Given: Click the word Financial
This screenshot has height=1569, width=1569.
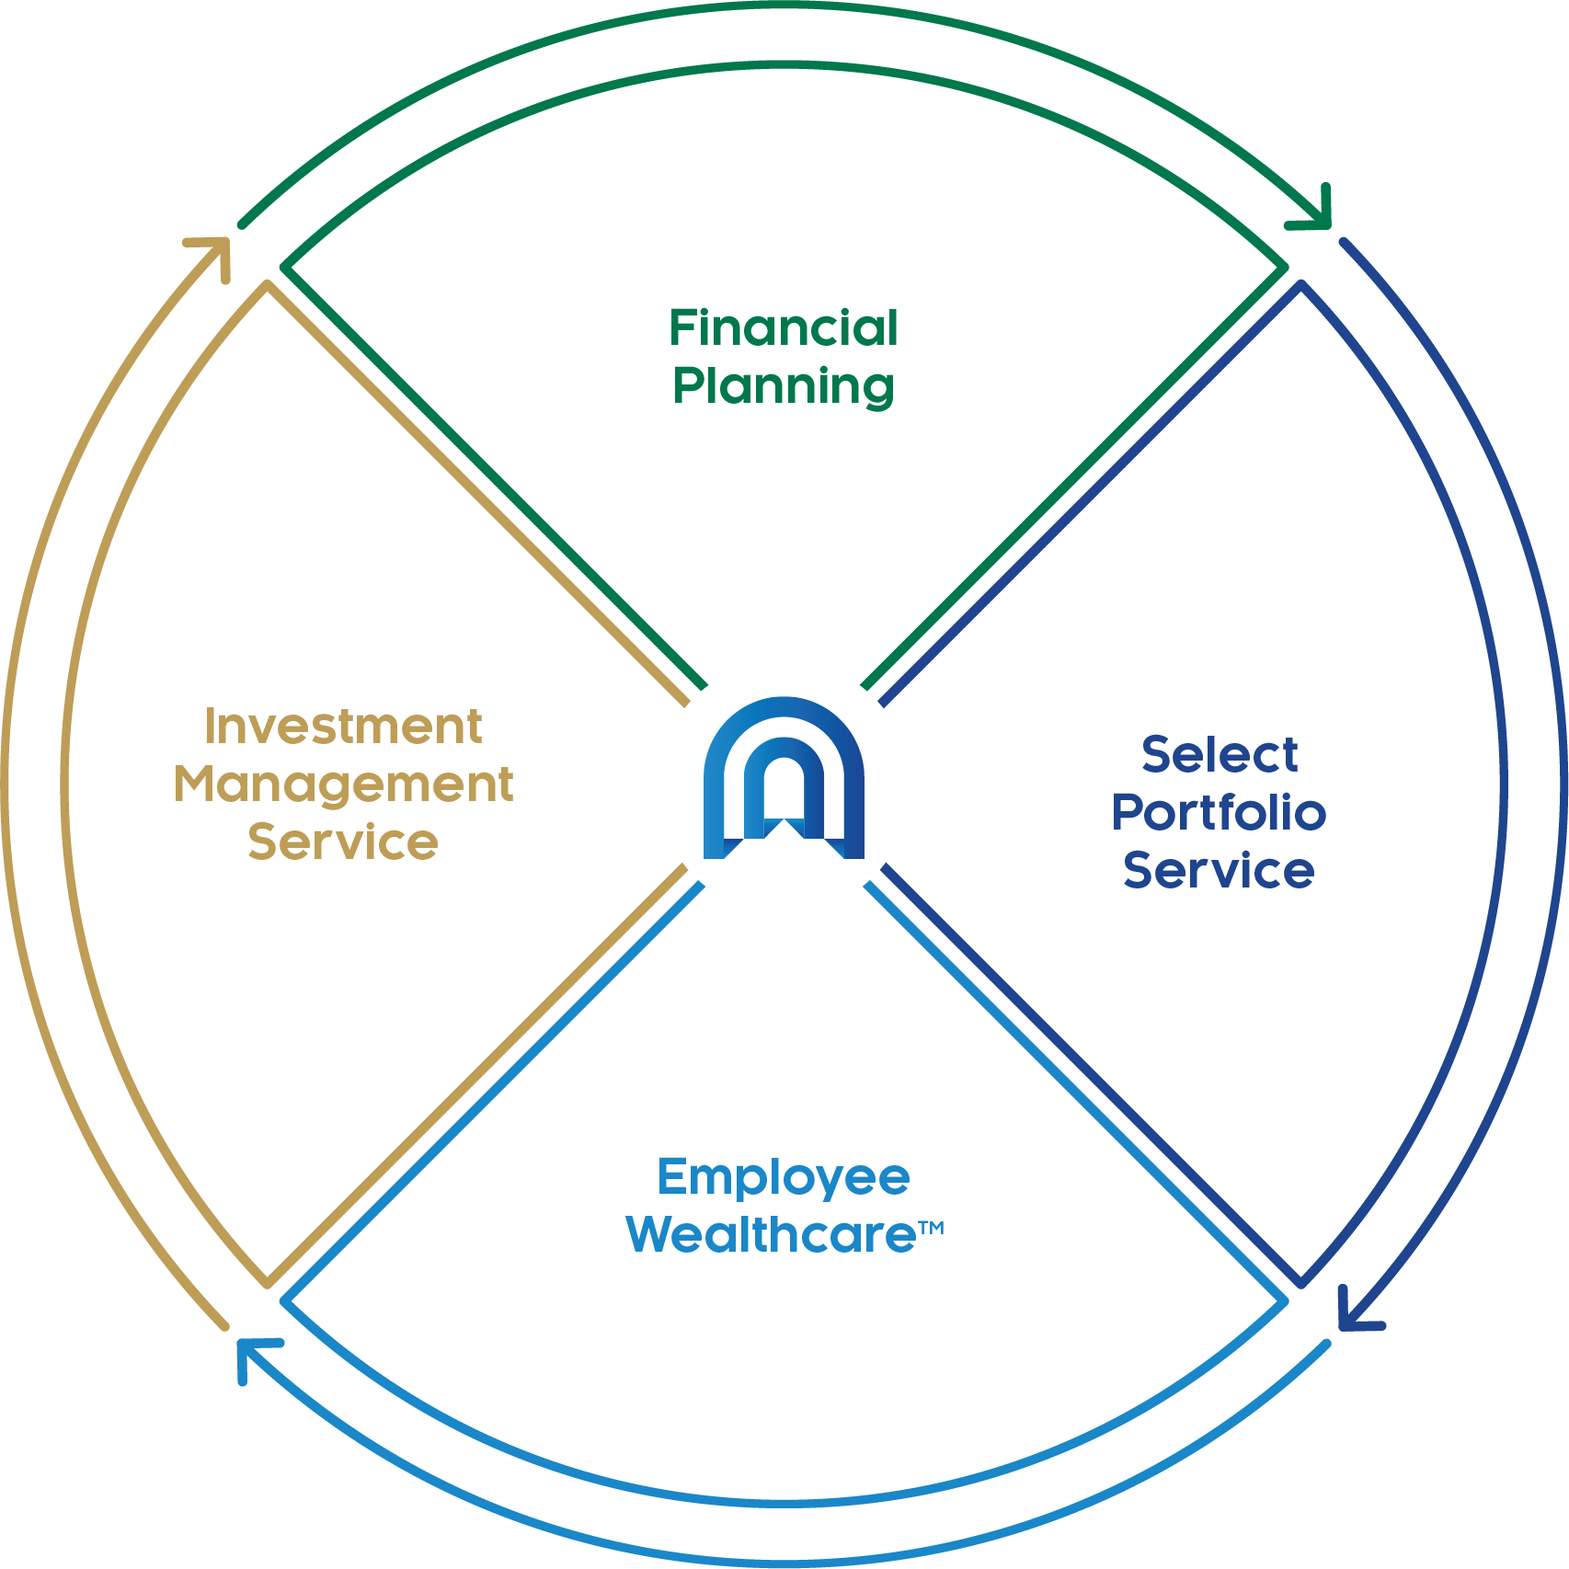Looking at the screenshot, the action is tap(783, 328).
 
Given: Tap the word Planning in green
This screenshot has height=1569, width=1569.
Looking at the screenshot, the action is tap(784, 387).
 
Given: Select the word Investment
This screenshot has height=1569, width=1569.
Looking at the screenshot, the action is tap(343, 727).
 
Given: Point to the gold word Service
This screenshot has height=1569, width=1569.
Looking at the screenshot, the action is tap(343, 842).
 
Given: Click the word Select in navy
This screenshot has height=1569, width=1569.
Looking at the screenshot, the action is tap(1220, 755).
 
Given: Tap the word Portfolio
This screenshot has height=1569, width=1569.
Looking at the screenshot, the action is tap(1219, 812).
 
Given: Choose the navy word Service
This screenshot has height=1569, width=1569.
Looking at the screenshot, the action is tap(1219, 870).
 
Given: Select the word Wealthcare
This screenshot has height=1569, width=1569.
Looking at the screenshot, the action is tap(772, 1235).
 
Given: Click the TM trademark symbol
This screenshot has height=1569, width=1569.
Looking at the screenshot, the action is tap(931, 1227).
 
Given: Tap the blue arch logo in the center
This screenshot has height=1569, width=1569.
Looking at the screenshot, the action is tap(784, 778).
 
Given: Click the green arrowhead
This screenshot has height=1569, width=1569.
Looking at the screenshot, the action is tap(1313, 209).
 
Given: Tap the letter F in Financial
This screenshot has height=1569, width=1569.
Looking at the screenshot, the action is tap(683, 328).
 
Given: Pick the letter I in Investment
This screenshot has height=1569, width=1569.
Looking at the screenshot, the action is tap(210, 727).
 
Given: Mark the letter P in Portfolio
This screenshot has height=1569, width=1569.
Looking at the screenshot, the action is tap(1128, 812).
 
